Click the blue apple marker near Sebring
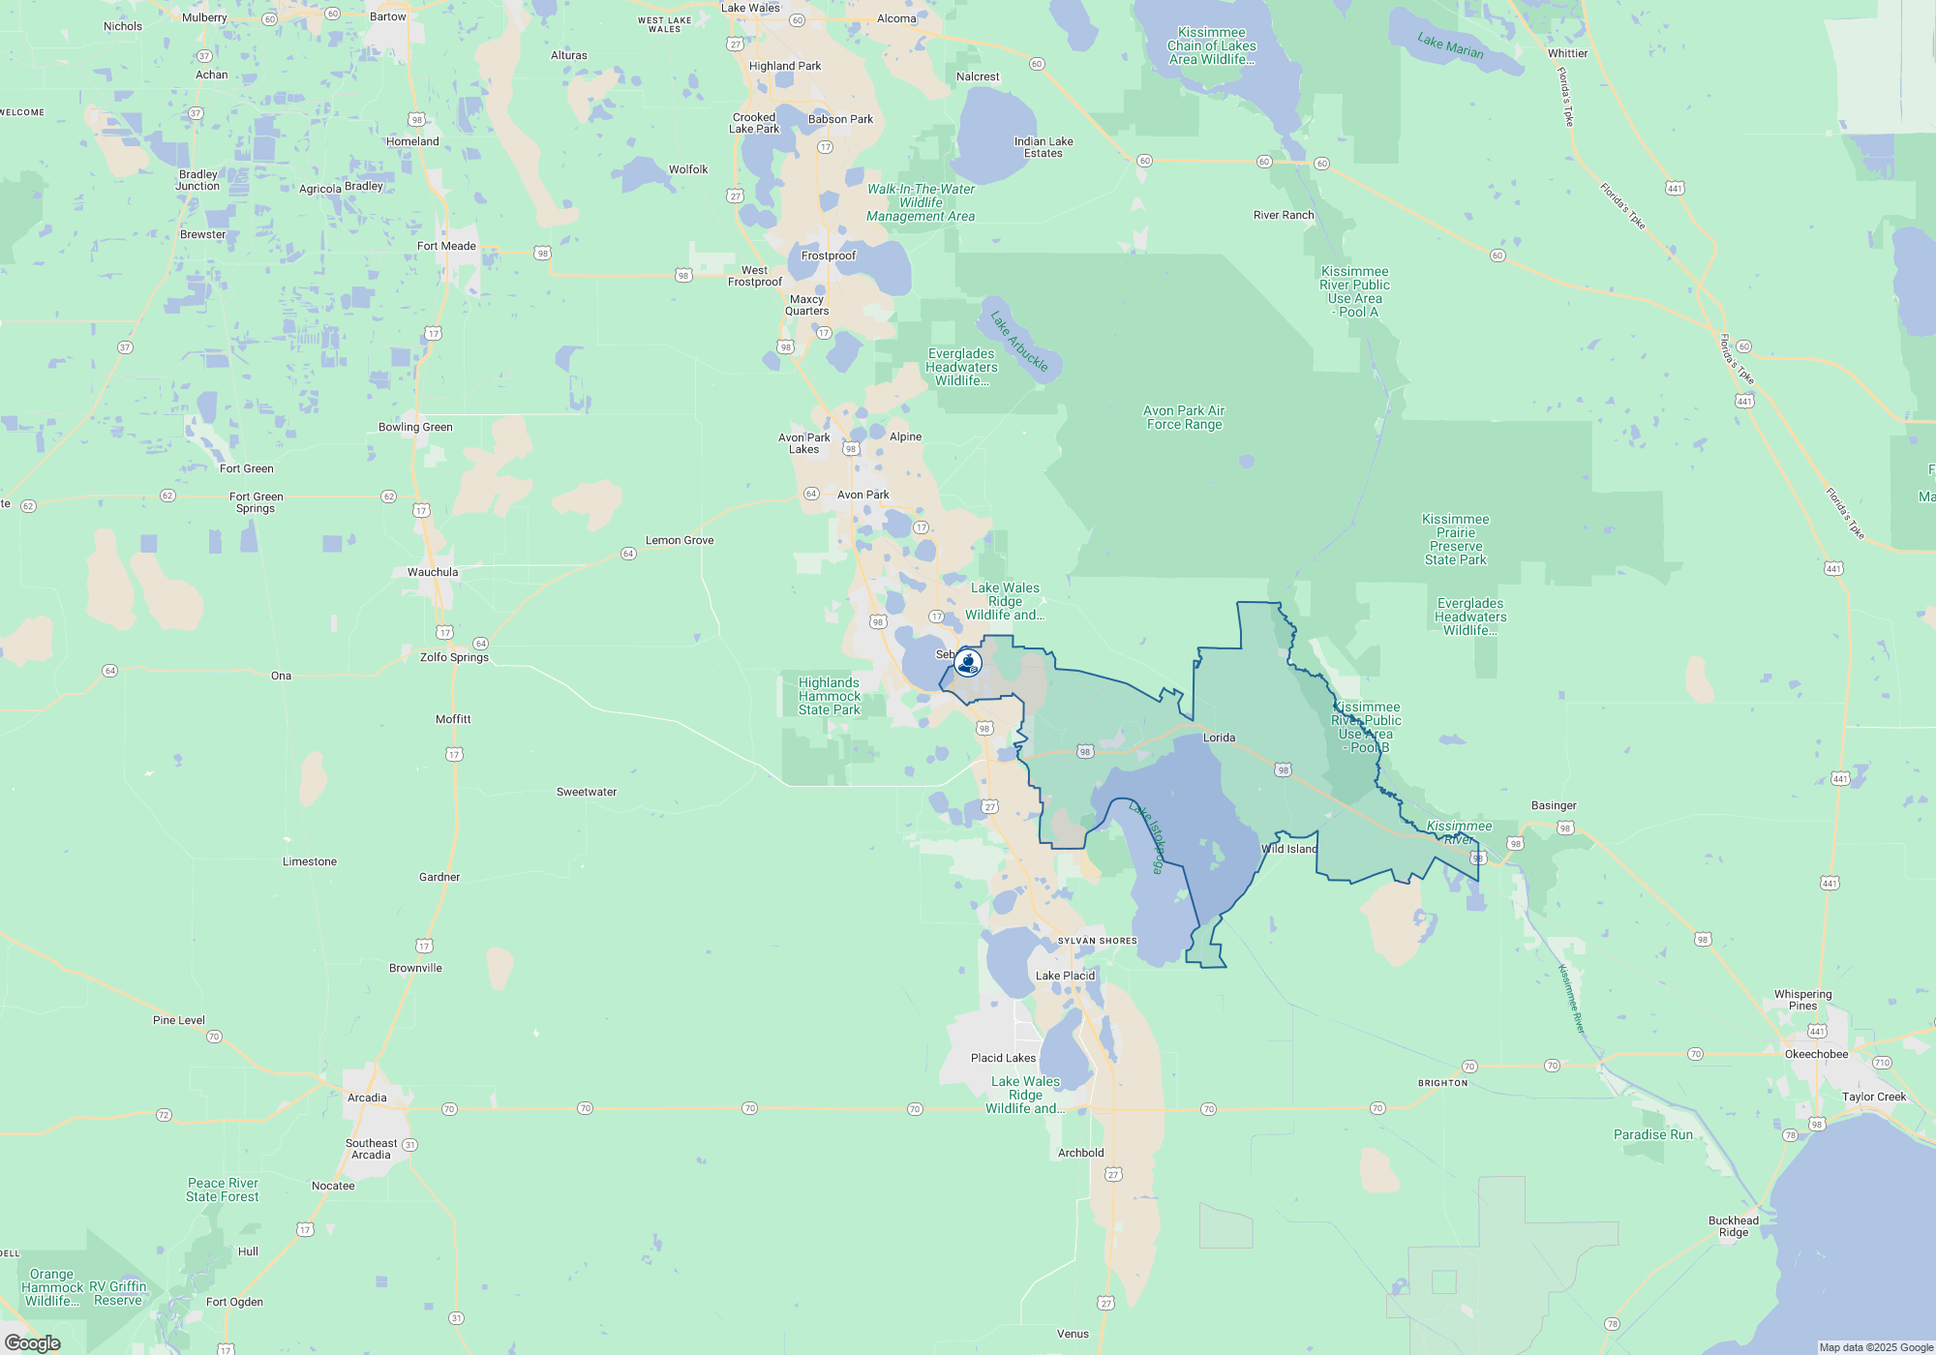pos(967,663)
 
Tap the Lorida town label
pos(1219,738)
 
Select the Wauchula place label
pos(433,572)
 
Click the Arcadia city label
pos(367,1098)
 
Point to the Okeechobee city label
pos(1816,1054)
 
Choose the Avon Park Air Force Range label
pos(1184,417)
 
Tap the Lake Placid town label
pos(1065,976)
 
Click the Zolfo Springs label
pos(454,657)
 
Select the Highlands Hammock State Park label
pos(830,696)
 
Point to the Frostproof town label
pos(829,256)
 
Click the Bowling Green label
pos(415,427)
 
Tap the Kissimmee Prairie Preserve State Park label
pos(1455,539)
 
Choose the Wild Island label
pos(1289,849)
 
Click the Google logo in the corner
pos(33,1342)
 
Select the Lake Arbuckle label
pos(1019,341)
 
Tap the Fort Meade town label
pos(446,246)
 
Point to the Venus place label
pos(1073,1334)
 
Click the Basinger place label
pos(1554,805)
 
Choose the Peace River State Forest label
pos(223,1189)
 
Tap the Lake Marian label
pos(1450,45)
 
